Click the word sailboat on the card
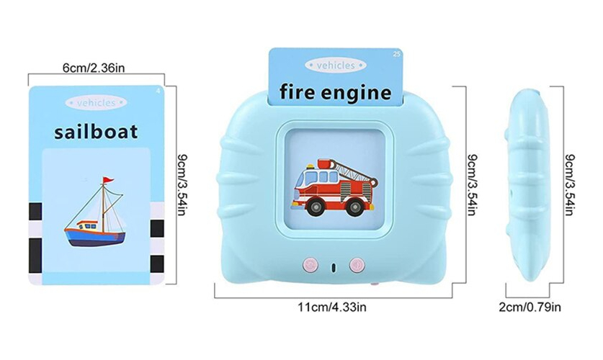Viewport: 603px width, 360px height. pos(96,132)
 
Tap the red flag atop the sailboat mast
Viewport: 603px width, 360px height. pos(107,180)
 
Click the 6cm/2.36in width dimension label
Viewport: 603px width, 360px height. pos(94,68)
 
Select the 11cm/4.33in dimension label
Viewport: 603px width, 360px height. pos(332,307)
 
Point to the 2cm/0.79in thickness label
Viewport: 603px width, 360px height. pos(530,307)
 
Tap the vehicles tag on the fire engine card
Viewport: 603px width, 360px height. pos(335,66)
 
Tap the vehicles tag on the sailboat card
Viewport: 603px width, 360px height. pos(96,102)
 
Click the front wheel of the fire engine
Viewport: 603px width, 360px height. pos(316,207)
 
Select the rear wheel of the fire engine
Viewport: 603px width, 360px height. pos(354,207)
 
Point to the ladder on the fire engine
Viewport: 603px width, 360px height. pos(355,171)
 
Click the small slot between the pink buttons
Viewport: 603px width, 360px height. pos(334,267)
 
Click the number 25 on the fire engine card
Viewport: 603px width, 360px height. pos(396,54)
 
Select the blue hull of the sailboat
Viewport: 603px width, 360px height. pos(95,237)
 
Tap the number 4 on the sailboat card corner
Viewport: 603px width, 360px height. pos(158,91)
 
